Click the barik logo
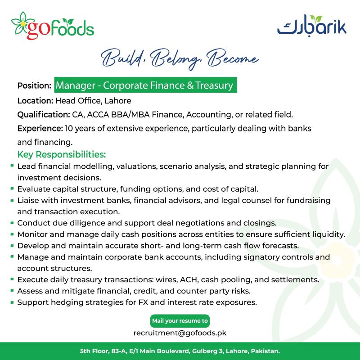tap(311, 26)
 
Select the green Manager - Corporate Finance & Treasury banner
tap(145, 85)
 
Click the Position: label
tap(34, 85)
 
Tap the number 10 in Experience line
tap(69, 128)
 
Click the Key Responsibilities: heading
tap(62, 155)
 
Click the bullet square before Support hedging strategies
tap(12, 301)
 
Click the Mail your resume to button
tap(180, 321)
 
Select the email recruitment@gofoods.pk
tap(180, 333)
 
